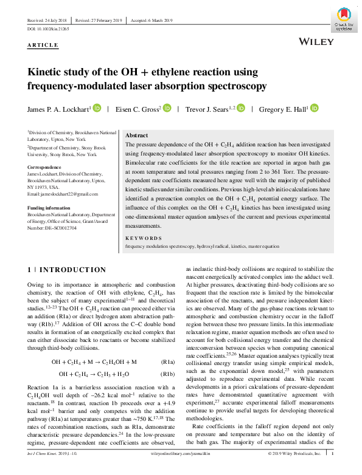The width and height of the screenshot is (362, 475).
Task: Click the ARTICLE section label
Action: [x=43, y=46]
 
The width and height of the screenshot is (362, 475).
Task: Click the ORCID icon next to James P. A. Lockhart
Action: [x=97, y=109]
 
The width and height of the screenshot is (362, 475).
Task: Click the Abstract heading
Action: [x=136, y=136]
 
